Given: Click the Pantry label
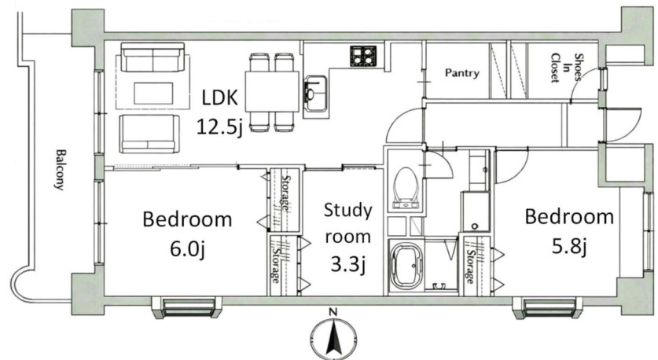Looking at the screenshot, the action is [461, 73].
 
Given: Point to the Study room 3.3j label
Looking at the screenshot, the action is [348, 237].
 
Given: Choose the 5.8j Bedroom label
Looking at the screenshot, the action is [569, 232].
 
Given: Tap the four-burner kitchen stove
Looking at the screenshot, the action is [363, 56].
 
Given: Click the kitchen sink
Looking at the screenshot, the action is [315, 94].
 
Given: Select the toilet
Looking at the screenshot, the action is [406, 188].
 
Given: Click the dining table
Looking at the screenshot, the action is [272, 91].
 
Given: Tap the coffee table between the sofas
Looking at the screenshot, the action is [153, 94].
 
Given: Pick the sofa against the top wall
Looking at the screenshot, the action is [153, 57].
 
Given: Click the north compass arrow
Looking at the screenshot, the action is [333, 337].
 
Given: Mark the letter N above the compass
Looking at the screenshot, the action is [333, 312].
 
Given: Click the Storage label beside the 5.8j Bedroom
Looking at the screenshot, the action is [469, 266].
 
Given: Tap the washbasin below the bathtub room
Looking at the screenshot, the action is [439, 286].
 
